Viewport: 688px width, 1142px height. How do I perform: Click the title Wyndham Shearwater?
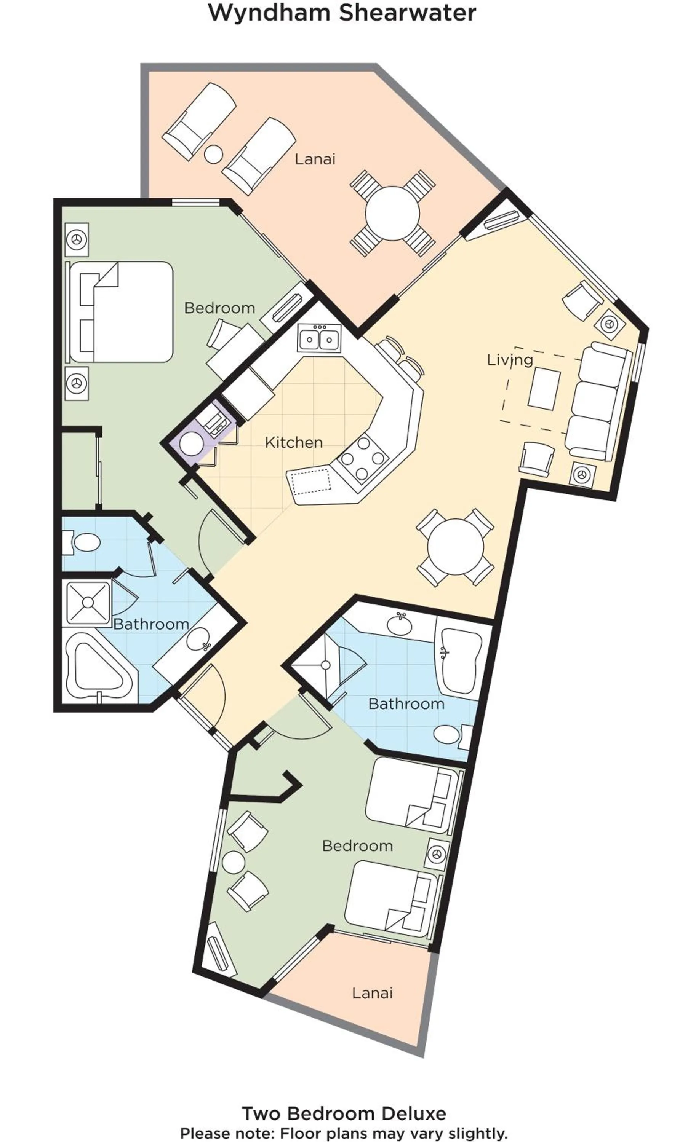pyautogui.click(x=342, y=13)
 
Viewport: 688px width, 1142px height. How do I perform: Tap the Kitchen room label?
pyautogui.click(x=293, y=442)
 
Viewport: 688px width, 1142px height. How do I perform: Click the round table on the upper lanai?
pyautogui.click(x=392, y=214)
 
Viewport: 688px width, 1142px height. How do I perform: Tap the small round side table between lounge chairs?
pyautogui.click(x=214, y=154)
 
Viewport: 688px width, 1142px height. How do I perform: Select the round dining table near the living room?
pyautogui.click(x=455, y=547)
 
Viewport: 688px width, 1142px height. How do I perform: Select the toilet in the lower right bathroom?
pyautogui.click(x=450, y=734)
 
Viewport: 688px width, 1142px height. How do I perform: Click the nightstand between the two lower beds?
pyautogui.click(x=436, y=854)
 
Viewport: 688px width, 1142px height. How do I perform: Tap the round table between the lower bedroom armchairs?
pyautogui.click(x=234, y=862)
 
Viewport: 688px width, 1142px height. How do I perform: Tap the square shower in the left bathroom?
pyautogui.click(x=88, y=602)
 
